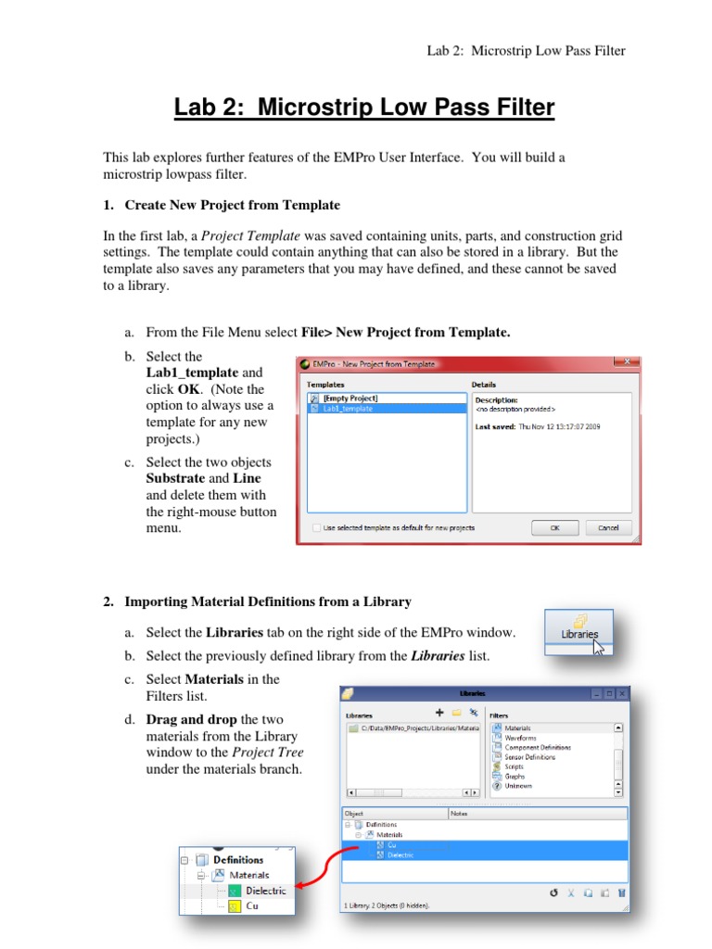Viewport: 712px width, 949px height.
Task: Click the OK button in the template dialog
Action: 555,527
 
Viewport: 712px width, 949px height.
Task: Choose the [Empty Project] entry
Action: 350,398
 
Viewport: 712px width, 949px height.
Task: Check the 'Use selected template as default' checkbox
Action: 317,527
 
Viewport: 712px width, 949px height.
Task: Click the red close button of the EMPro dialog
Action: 628,364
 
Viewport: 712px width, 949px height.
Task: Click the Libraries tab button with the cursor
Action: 579,634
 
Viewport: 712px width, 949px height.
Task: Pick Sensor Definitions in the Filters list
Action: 529,757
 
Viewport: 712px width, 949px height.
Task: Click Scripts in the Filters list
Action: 514,766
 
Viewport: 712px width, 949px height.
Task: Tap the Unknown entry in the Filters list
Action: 517,786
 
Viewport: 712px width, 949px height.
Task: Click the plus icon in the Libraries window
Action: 439,713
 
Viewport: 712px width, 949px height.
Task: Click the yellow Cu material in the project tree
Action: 251,905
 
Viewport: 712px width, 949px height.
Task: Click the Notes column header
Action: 460,813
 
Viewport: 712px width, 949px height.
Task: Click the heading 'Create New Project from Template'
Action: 232,205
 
